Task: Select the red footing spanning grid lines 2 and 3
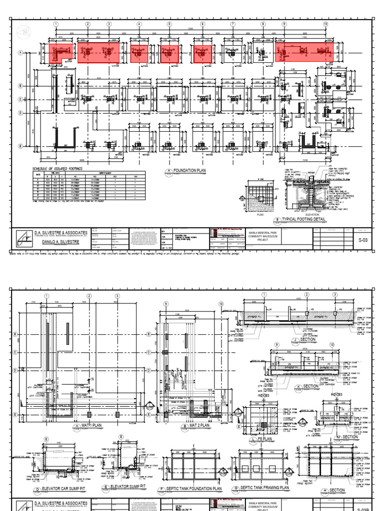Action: (98, 52)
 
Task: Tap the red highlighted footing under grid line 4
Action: (139, 53)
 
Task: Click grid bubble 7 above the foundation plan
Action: (232, 24)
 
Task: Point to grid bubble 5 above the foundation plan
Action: (169, 24)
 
